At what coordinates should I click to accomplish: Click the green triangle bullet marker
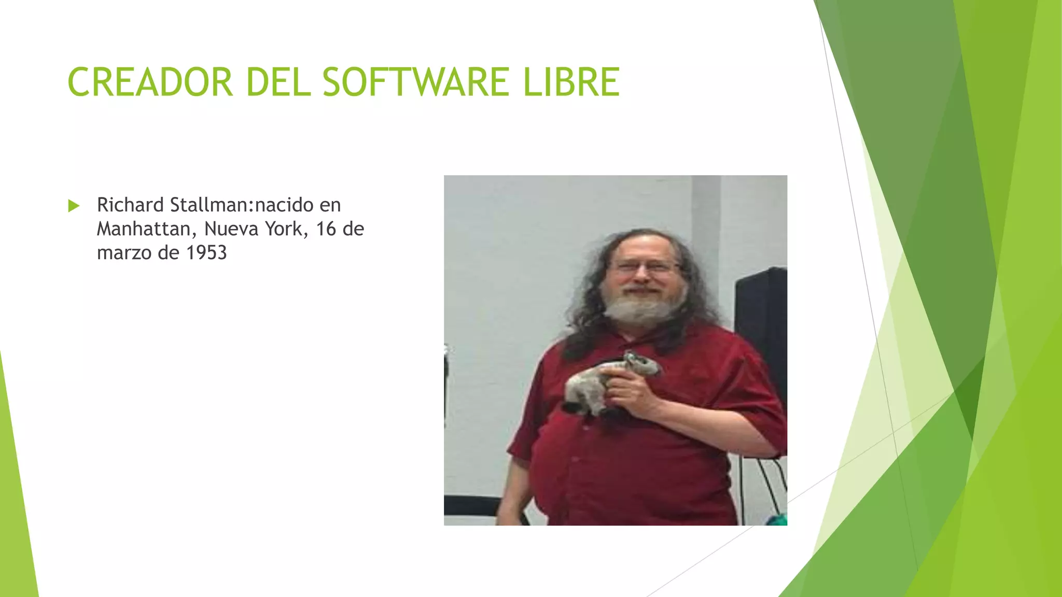pos(74,206)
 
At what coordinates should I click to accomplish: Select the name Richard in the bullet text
pos(130,205)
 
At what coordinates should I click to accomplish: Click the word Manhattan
pos(144,229)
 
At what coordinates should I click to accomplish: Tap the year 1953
pos(206,253)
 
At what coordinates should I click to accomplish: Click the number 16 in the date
pos(326,229)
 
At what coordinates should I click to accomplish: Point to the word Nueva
pos(231,229)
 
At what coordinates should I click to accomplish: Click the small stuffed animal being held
pos(607,381)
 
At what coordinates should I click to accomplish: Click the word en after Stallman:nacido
pos(330,205)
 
